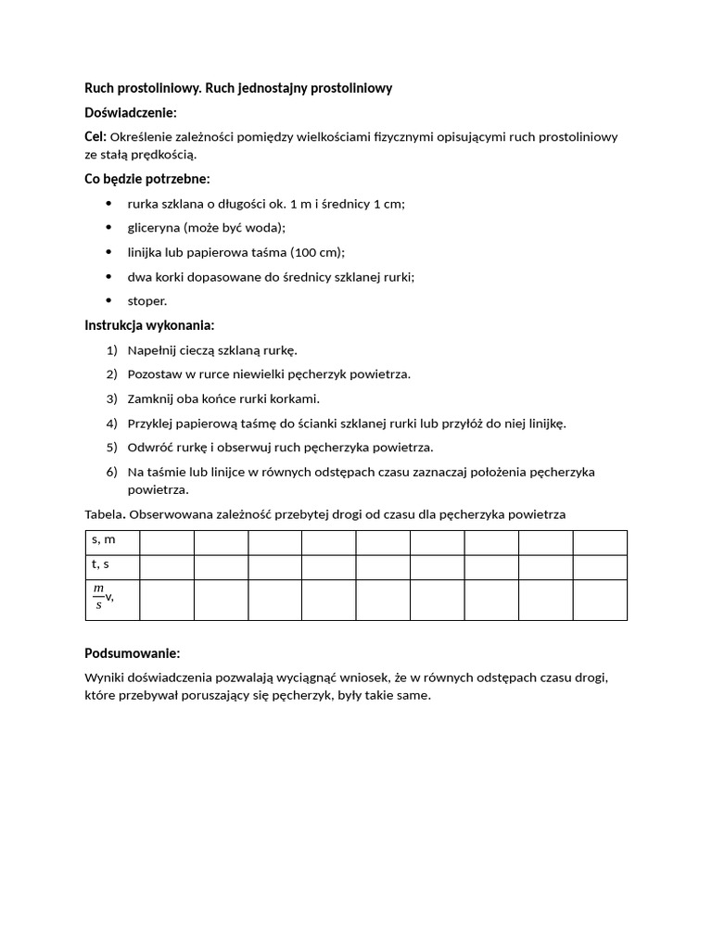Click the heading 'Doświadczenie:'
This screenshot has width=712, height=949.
(130, 112)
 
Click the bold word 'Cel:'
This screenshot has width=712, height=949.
(95, 137)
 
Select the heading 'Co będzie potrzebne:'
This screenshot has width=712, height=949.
(146, 179)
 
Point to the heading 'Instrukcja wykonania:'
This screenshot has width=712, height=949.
(149, 325)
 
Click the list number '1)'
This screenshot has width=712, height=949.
(112, 350)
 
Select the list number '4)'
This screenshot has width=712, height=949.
(112, 424)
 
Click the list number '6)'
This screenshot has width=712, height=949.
(112, 472)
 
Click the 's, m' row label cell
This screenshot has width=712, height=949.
(112, 542)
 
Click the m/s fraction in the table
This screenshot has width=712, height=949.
(99, 598)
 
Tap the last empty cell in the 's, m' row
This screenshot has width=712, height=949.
(600, 542)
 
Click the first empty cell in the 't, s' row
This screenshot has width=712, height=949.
(167, 567)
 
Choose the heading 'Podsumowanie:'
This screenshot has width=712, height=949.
(132, 653)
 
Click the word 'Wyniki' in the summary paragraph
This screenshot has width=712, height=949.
(104, 677)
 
